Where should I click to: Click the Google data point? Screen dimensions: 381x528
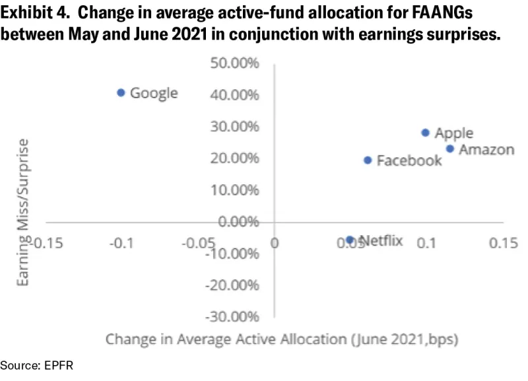click(121, 92)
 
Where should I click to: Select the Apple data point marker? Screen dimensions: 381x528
click(426, 133)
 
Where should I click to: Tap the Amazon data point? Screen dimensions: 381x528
click(450, 149)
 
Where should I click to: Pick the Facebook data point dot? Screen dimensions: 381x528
click(368, 160)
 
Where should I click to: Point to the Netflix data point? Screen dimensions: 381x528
click(350, 240)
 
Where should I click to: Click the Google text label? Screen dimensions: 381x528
click(154, 93)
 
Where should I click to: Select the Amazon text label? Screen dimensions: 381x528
click(486, 149)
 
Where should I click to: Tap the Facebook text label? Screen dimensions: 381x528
click(409, 160)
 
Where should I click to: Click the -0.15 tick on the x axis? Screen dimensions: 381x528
click(45, 242)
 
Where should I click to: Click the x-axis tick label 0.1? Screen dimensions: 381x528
click(426, 242)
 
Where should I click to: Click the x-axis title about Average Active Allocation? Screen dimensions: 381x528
click(282, 339)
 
